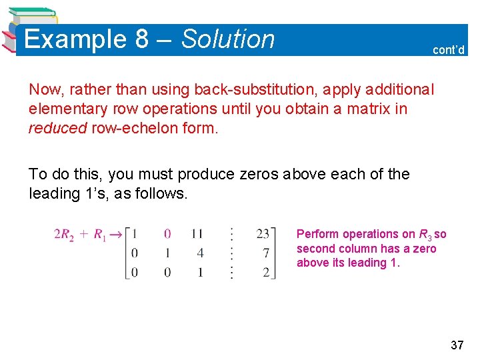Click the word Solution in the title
(228, 39)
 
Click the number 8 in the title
(141, 39)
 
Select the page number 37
(457, 345)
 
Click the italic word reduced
(57, 127)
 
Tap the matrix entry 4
(200, 253)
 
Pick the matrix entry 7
(266, 253)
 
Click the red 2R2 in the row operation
(64, 234)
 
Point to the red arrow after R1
(116, 234)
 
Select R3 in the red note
(425, 235)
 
